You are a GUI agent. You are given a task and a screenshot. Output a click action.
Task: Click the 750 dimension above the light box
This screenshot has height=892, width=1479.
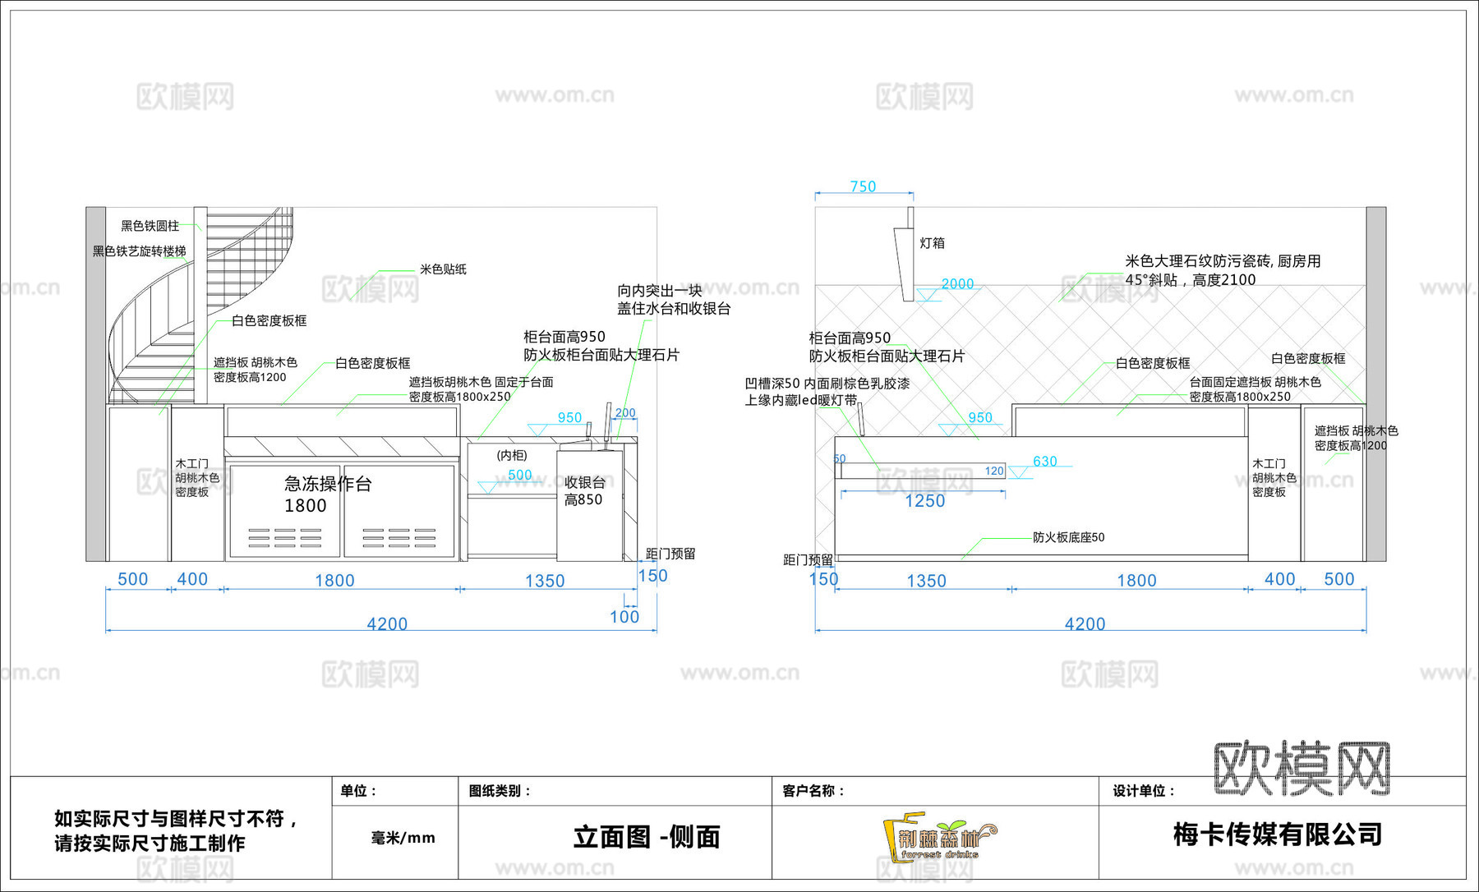[x=863, y=186]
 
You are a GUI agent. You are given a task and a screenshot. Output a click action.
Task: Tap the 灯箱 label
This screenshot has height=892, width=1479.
[x=932, y=243]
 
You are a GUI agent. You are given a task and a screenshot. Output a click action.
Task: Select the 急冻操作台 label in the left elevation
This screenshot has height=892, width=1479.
[x=328, y=484]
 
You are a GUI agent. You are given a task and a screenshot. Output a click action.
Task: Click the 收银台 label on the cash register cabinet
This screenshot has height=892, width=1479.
[x=584, y=483]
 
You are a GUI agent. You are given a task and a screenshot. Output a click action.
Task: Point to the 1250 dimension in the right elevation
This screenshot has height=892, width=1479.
[x=924, y=501]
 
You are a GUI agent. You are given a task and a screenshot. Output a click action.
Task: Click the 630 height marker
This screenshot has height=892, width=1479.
[x=1044, y=462]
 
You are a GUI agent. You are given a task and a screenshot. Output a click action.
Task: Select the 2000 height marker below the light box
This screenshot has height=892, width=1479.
[x=957, y=284]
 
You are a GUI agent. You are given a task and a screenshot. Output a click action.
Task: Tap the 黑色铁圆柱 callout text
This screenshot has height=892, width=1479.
[x=150, y=226]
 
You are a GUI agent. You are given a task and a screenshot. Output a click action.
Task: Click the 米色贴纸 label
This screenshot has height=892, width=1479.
[x=443, y=269]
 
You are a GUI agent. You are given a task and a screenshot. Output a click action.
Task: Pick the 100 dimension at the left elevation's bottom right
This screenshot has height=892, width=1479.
[x=624, y=617]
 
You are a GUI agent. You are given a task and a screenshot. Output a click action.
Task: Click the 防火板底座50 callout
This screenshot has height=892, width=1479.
[x=1068, y=537]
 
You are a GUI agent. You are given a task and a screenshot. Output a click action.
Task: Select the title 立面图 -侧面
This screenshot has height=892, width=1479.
[x=647, y=837]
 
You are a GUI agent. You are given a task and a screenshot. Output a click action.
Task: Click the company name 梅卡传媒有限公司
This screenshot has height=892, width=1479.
[x=1278, y=835]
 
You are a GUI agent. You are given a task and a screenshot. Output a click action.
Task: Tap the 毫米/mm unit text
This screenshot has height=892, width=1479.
[x=403, y=838]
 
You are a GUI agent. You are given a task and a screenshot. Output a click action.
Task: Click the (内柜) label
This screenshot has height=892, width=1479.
[x=512, y=455]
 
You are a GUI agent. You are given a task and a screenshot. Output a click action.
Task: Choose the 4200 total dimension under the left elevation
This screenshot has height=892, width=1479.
[x=387, y=624]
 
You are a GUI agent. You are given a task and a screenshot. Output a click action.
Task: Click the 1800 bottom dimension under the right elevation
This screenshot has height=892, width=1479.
[x=1136, y=581]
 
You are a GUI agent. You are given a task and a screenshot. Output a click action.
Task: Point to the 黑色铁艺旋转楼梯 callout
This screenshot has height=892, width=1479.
[x=139, y=251]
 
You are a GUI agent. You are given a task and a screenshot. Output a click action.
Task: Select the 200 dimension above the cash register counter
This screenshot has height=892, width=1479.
[x=625, y=413]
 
